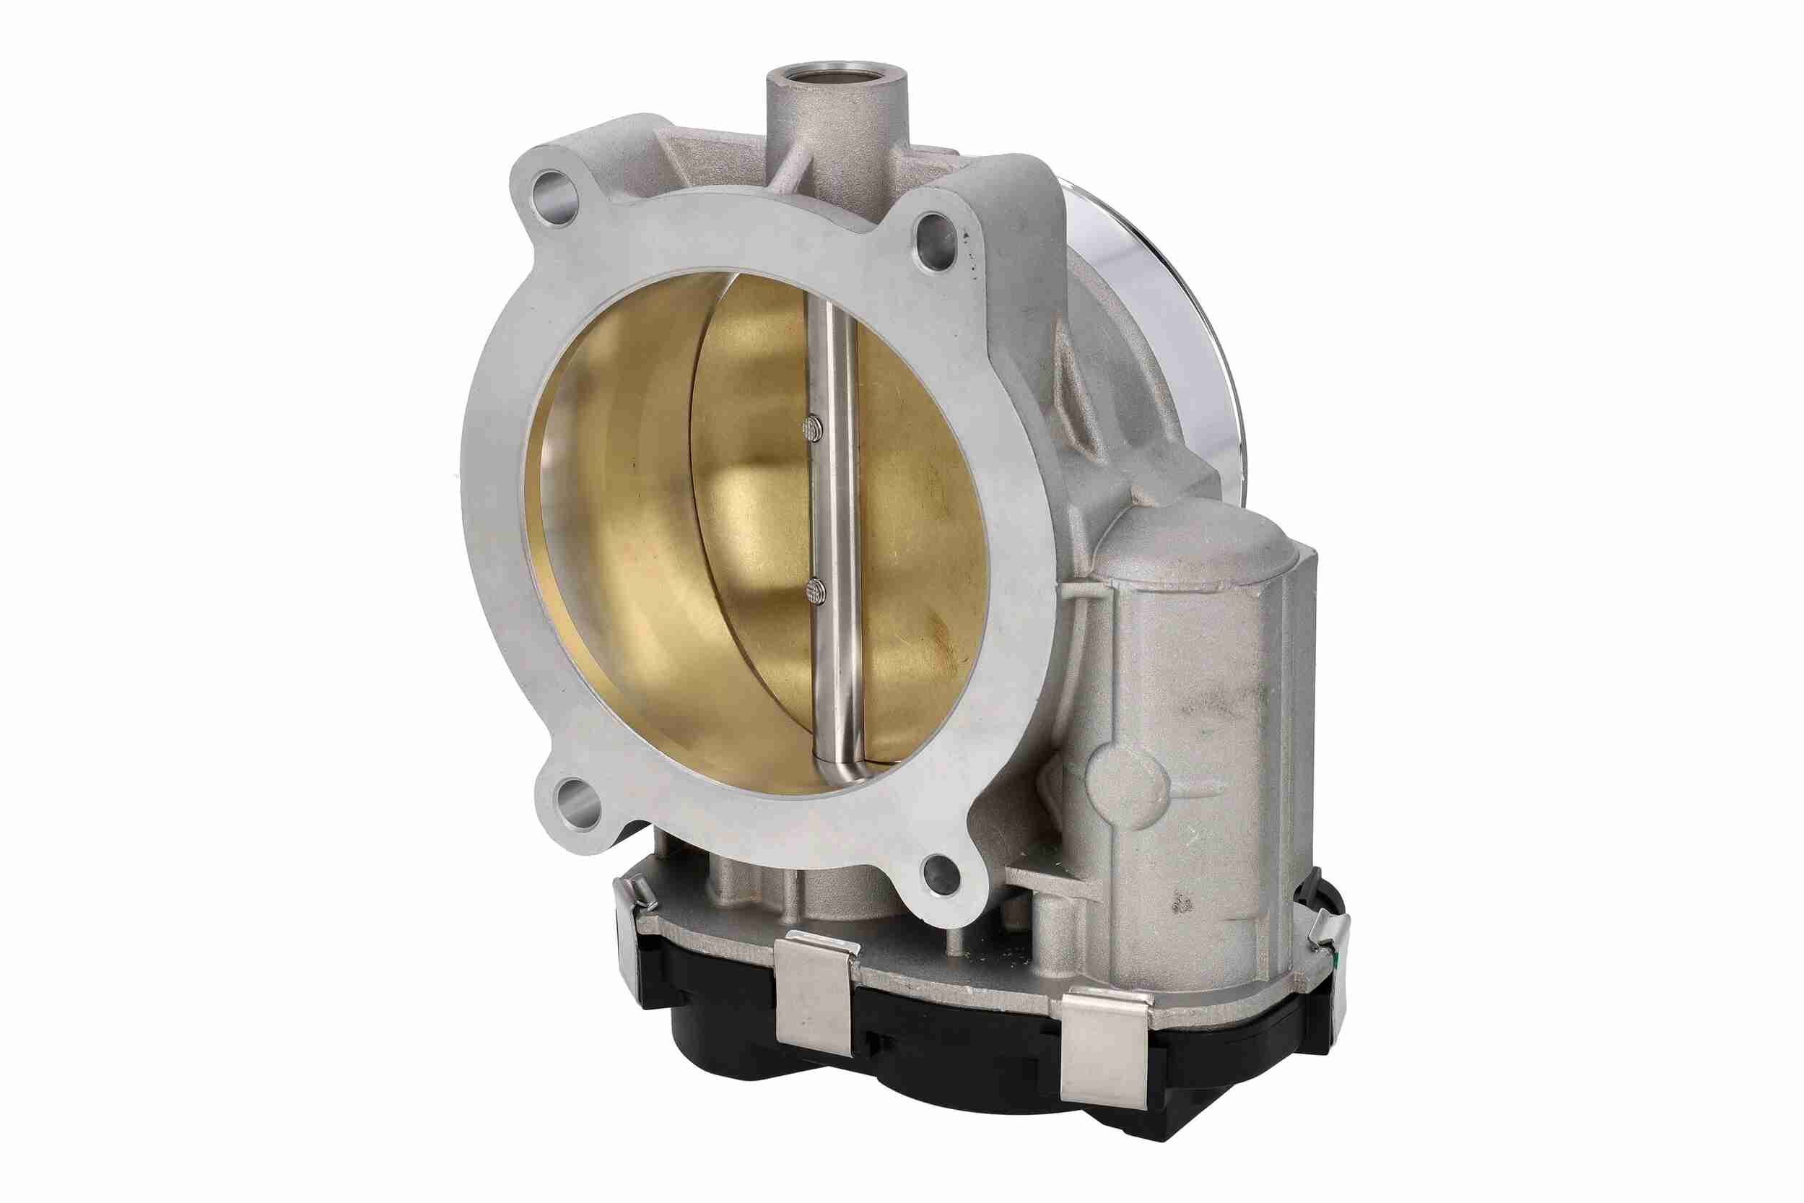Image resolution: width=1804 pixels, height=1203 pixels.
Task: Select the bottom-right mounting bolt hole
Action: click(x=943, y=874)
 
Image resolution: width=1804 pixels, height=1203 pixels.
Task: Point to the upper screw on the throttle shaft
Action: click(x=814, y=430)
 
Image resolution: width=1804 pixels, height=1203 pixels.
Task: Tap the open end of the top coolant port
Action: click(x=836, y=79)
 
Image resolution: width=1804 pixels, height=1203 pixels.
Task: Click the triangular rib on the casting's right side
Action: click(x=1074, y=399)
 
